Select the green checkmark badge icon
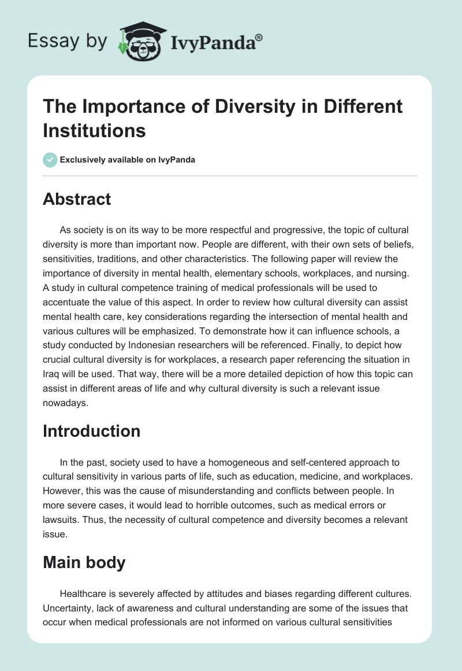(x=50, y=160)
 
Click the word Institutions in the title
(x=95, y=130)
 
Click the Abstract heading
(x=77, y=199)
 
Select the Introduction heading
(x=92, y=431)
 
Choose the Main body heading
(x=84, y=563)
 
